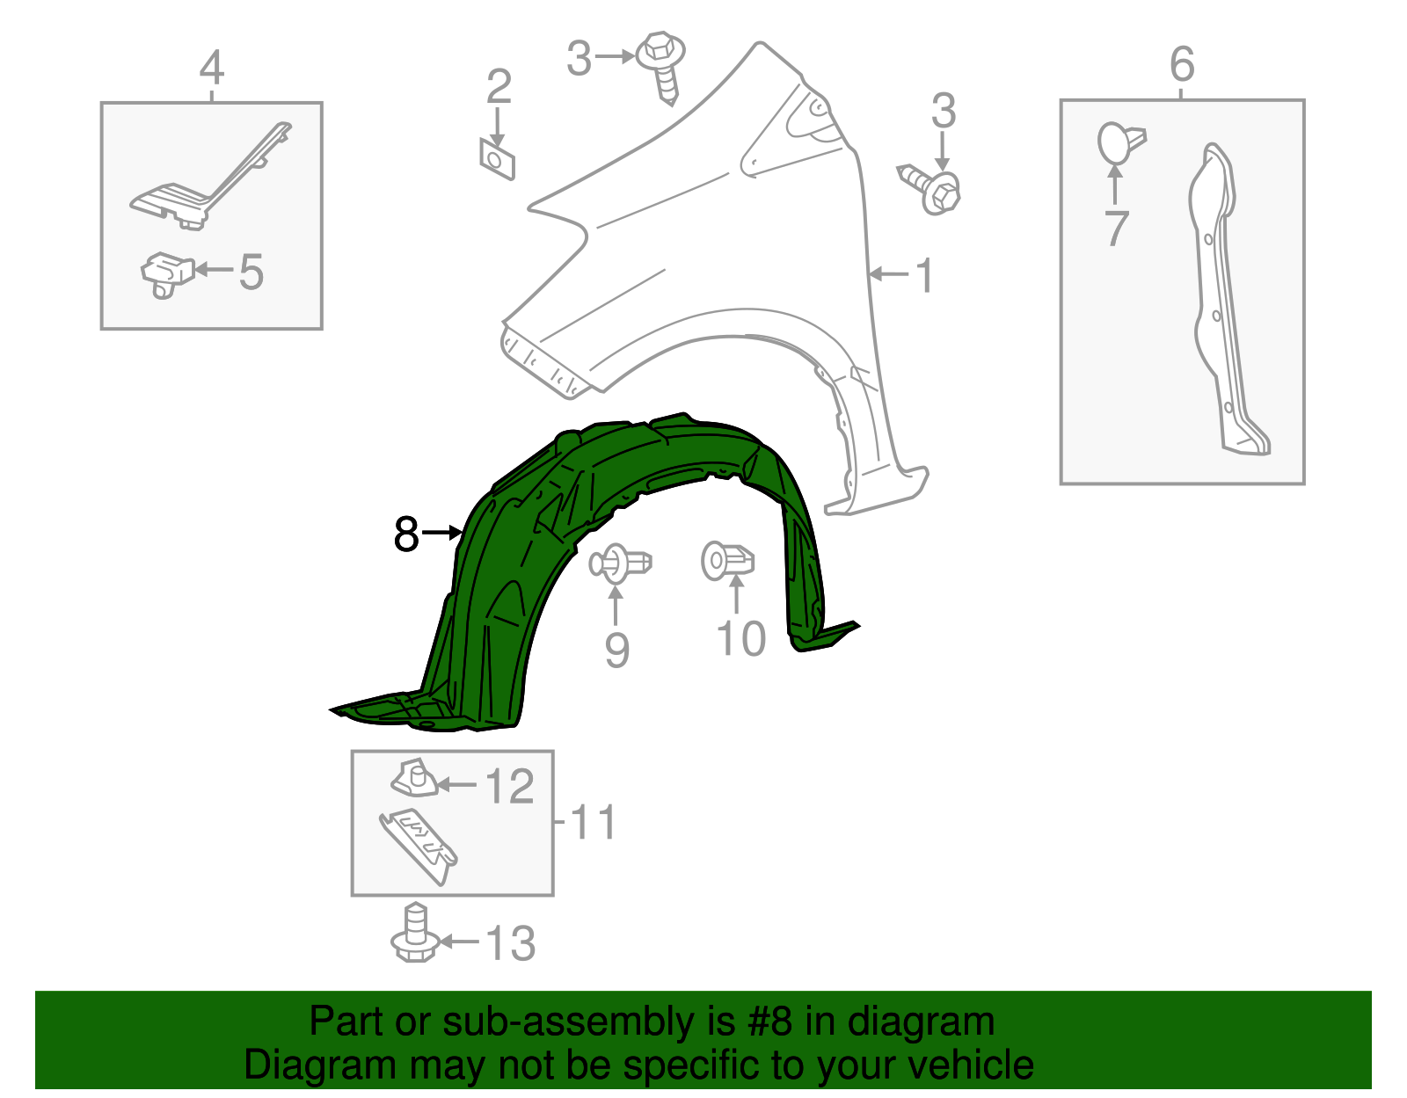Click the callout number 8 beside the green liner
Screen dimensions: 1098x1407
pyautogui.click(x=406, y=534)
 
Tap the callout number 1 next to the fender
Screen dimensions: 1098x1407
pyautogui.click(x=924, y=276)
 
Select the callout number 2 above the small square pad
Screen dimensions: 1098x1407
pyautogui.click(x=499, y=87)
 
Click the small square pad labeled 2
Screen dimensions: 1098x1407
pyautogui.click(x=497, y=159)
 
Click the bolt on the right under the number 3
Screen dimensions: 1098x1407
pyautogui.click(x=933, y=190)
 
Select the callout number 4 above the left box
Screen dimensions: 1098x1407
pyautogui.click(x=212, y=68)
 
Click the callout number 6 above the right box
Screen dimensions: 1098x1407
pyautogui.click(x=1182, y=64)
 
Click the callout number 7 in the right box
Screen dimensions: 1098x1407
pyautogui.click(x=1115, y=229)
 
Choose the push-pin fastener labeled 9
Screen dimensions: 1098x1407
pyautogui.click(x=619, y=563)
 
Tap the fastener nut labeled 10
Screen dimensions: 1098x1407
pyautogui.click(x=727, y=560)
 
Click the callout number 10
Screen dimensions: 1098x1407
pyautogui.click(x=741, y=639)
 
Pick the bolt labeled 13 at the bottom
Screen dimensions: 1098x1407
pyautogui.click(x=415, y=935)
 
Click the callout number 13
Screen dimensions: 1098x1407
pyautogui.click(x=510, y=943)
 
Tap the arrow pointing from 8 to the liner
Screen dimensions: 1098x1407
pyautogui.click(x=443, y=532)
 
